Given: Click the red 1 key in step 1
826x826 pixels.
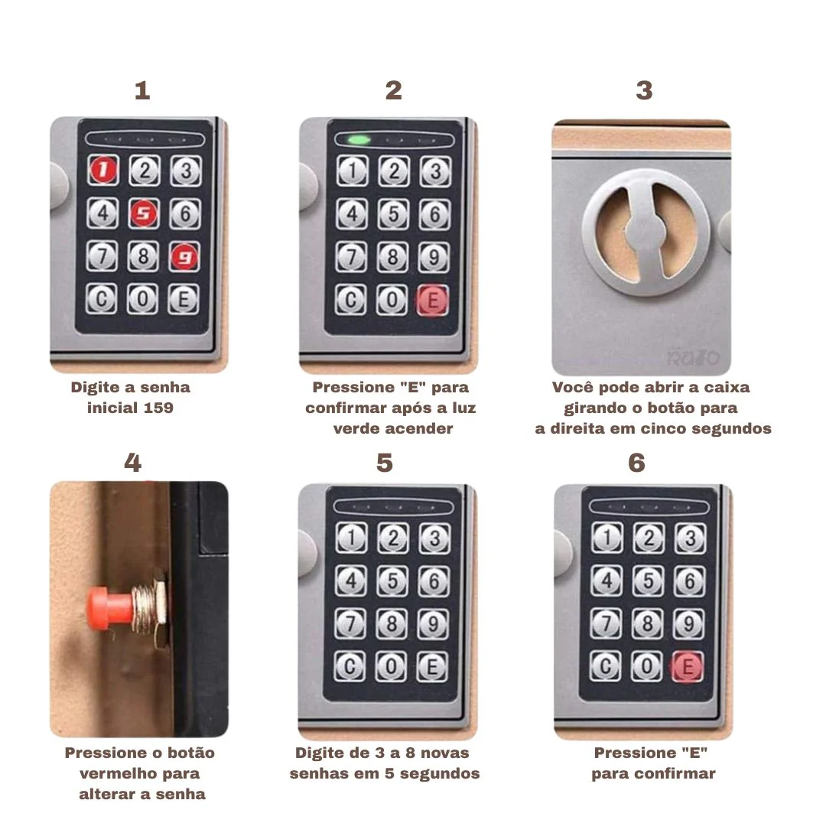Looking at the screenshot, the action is [x=103, y=170].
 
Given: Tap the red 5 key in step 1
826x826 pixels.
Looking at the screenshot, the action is [x=144, y=213].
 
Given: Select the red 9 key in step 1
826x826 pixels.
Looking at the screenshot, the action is [x=184, y=256].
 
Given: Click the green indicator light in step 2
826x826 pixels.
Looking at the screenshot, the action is [x=359, y=140].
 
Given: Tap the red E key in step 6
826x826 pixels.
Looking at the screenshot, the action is [x=688, y=667].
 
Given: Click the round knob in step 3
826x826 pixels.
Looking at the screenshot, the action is [x=646, y=233].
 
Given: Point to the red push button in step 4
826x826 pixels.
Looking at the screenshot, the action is [x=110, y=610].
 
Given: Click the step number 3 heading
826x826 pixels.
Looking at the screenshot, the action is [x=644, y=90].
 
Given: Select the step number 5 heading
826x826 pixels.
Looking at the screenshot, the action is [x=385, y=463].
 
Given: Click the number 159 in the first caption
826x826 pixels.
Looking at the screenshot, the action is [x=158, y=408].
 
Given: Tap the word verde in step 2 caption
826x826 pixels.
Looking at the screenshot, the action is [x=356, y=428].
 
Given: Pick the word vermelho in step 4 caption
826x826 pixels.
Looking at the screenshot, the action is [x=140, y=773].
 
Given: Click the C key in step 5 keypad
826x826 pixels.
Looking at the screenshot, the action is [x=350, y=667].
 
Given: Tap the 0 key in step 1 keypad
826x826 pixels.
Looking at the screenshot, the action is [x=142, y=299].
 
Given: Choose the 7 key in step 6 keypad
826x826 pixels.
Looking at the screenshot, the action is [x=606, y=624].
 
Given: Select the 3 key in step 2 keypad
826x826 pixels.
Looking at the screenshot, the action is [x=435, y=171].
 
